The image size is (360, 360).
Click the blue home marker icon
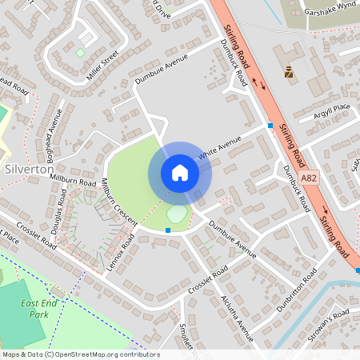click(180, 173)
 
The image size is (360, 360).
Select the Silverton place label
click(29, 170)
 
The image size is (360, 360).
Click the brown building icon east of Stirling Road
click(288, 72)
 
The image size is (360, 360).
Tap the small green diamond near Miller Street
click(80, 53)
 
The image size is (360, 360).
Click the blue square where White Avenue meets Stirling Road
click(270, 126)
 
